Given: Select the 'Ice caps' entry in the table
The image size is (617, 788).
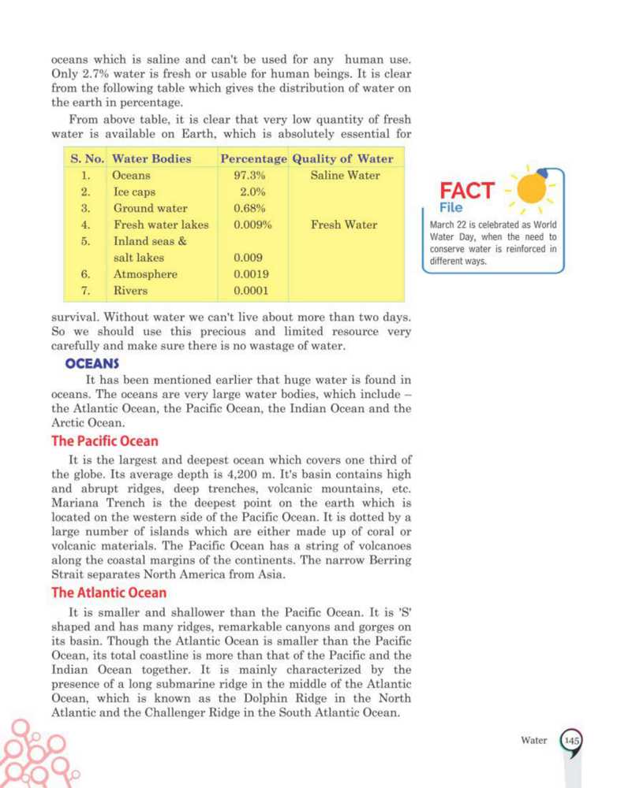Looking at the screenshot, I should pyautogui.click(x=134, y=192).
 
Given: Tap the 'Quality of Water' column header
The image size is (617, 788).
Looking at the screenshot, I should pyautogui.click(x=342, y=158).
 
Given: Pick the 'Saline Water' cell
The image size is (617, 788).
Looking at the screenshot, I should pyautogui.click(x=345, y=176).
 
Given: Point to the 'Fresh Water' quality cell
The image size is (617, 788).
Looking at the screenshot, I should pyautogui.click(x=344, y=225).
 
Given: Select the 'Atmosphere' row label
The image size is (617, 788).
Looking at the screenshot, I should pyautogui.click(x=145, y=275).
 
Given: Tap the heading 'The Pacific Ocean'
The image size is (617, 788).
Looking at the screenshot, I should pyautogui.click(x=105, y=441).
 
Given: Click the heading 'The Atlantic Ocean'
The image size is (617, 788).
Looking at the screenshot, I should pyautogui.click(x=109, y=592).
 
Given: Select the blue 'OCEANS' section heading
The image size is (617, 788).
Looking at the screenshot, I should pyautogui.click(x=92, y=364).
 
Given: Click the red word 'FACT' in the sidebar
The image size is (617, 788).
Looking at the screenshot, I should pyautogui.click(x=467, y=191).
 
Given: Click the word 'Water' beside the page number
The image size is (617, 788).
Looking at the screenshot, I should pyautogui.click(x=534, y=741).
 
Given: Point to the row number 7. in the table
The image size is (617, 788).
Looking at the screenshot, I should pyautogui.click(x=88, y=292).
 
